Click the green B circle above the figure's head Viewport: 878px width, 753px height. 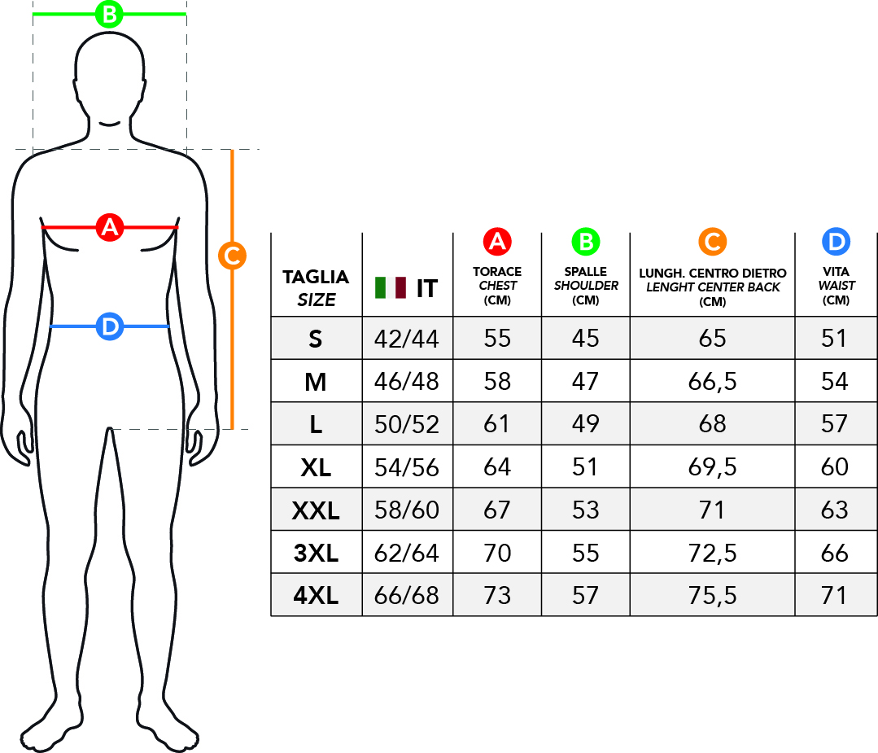click(x=109, y=14)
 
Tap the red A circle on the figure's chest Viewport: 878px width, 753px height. click(x=109, y=227)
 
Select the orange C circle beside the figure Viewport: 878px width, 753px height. click(x=232, y=256)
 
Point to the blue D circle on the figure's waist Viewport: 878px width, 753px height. click(x=109, y=326)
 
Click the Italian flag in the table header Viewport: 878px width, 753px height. click(x=391, y=287)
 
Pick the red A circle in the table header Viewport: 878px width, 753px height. click(x=496, y=242)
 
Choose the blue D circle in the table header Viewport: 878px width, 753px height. click(x=836, y=242)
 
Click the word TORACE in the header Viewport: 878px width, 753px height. click(x=497, y=271)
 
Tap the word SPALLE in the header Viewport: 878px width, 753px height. click(x=585, y=271)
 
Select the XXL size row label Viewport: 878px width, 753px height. click(x=316, y=510)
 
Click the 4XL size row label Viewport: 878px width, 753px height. click(x=316, y=596)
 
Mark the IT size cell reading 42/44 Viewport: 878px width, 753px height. click(x=407, y=339)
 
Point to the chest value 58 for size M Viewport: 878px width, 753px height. click(x=497, y=381)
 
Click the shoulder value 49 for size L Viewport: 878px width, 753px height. click(x=585, y=423)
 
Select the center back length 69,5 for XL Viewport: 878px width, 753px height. click(x=712, y=466)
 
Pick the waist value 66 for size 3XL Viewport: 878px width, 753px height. click(x=835, y=554)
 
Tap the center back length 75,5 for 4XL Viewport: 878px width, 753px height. click(x=712, y=596)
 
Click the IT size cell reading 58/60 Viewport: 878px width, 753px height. click(x=407, y=510)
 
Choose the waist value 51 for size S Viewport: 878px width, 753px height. click(x=835, y=339)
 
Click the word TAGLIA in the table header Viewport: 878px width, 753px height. click(x=316, y=277)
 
